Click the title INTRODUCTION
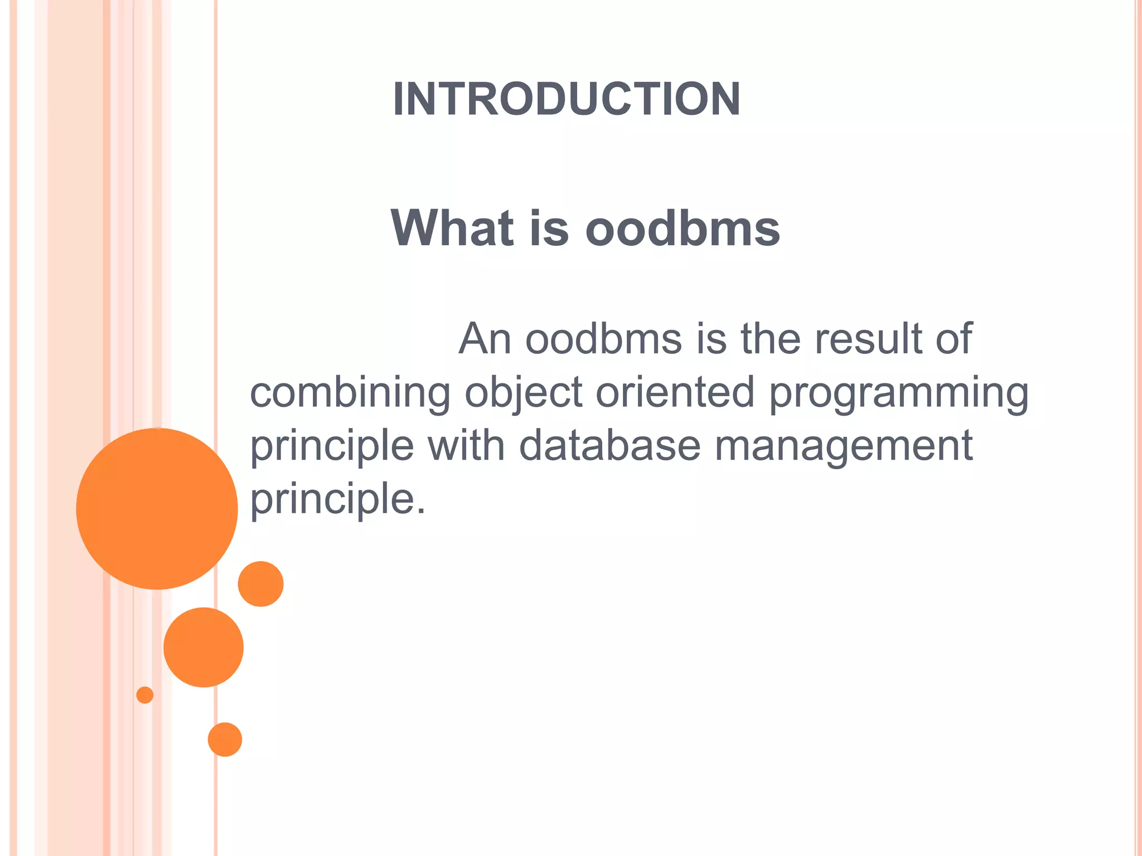(x=566, y=99)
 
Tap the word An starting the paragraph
(x=485, y=338)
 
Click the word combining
(x=350, y=392)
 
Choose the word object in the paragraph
(x=524, y=392)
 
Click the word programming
(x=898, y=392)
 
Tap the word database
(x=609, y=445)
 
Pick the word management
(x=843, y=445)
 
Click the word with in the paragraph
(x=466, y=445)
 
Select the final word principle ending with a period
(x=337, y=498)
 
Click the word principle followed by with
(x=332, y=445)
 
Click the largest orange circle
(x=157, y=508)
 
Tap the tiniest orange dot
(x=145, y=695)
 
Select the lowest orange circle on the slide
(x=225, y=740)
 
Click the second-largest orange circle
(x=204, y=647)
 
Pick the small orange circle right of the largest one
(x=260, y=583)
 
